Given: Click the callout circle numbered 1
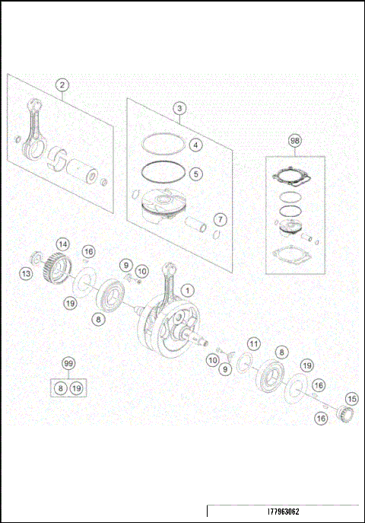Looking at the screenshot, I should click(188, 289).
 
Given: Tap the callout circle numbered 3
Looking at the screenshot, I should click(178, 109).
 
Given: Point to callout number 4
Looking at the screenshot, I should click(195, 145).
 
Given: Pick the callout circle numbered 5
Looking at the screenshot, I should click(195, 174).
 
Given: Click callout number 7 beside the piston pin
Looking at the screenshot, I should click(219, 219).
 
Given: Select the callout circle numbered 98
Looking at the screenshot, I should click(294, 141).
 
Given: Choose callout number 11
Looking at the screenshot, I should click(253, 345).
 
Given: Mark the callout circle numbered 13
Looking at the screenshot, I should click(26, 273).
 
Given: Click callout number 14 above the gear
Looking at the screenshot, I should click(63, 244).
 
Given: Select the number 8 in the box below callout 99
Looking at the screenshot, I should click(60, 388).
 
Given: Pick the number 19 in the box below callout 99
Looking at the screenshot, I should click(76, 388).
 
